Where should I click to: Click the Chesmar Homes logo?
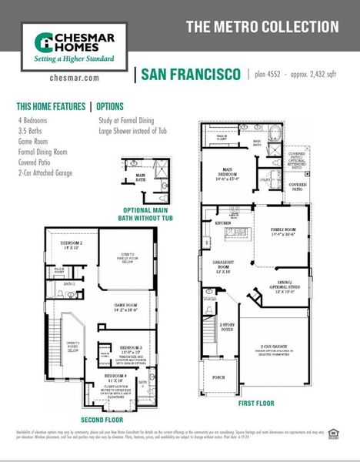click(x=70, y=47)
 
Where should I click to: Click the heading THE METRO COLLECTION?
click(x=262, y=27)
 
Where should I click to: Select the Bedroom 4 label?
click(x=105, y=378)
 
